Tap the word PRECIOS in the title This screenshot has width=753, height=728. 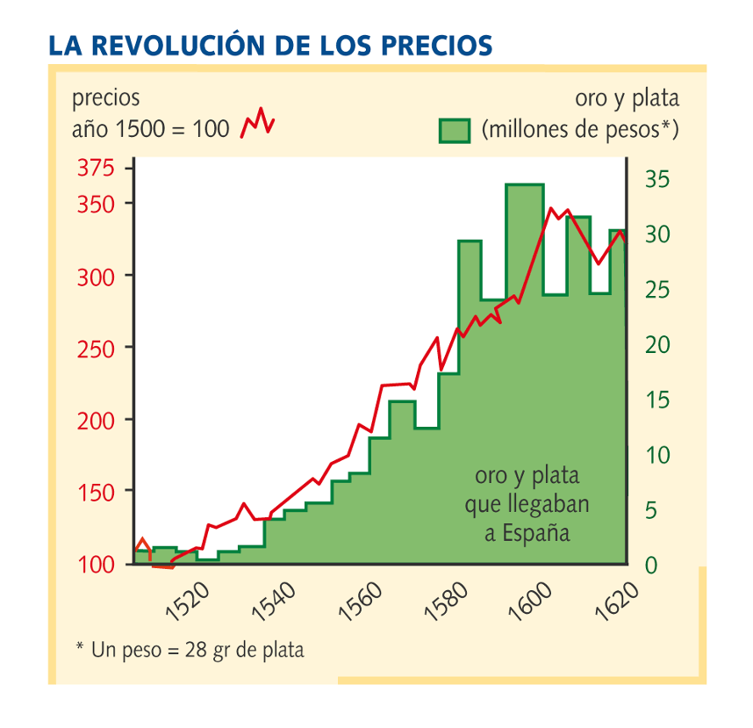pyautogui.click(x=437, y=46)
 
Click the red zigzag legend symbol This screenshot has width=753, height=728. pyautogui.click(x=257, y=123)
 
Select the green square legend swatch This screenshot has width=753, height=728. pyautogui.click(x=455, y=131)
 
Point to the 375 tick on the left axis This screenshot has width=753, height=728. pyautogui.click(x=96, y=169)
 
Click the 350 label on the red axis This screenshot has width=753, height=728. pyautogui.click(x=96, y=205)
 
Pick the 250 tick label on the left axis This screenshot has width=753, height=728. pyautogui.click(x=96, y=350)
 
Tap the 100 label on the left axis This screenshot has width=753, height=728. pyautogui.click(x=96, y=566)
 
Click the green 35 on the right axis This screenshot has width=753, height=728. pyautogui.click(x=657, y=179)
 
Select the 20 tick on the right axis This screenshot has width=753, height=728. pyautogui.click(x=657, y=345)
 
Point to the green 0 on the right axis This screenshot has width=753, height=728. pyautogui.click(x=650, y=566)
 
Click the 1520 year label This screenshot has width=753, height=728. pyautogui.click(x=187, y=602)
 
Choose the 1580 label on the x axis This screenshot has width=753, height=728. pyautogui.click(x=445, y=602)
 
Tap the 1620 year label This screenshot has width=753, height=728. pyautogui.click(x=617, y=602)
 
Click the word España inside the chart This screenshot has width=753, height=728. pyautogui.click(x=536, y=533)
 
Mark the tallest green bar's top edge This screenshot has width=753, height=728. pyautogui.click(x=525, y=184)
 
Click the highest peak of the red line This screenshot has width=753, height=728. pyautogui.click(x=551, y=208)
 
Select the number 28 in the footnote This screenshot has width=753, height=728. pyautogui.click(x=196, y=650)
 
